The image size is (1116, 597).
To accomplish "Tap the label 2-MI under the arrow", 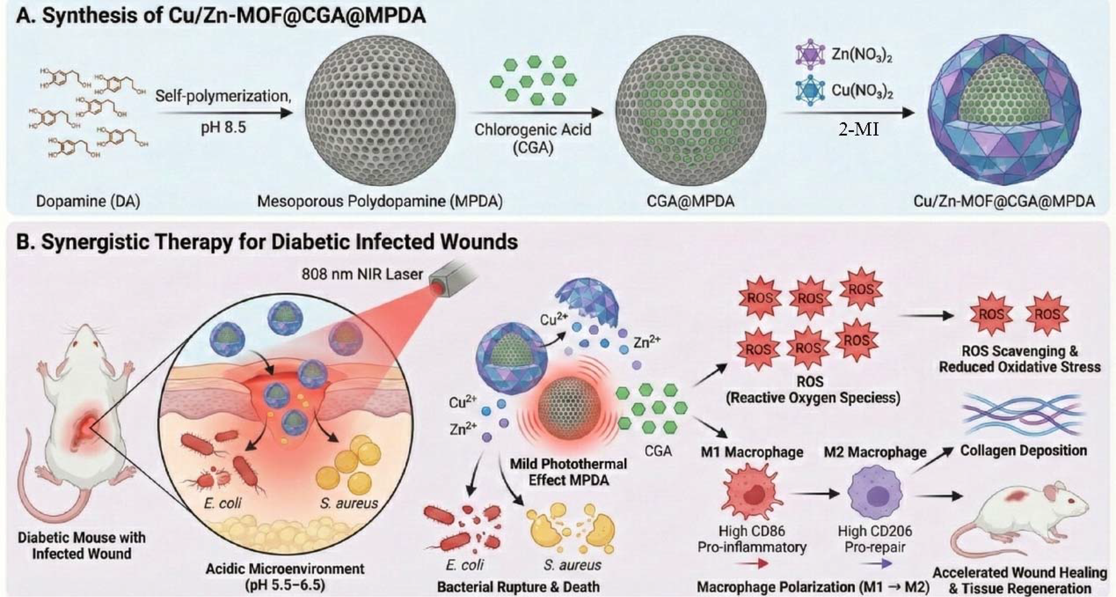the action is pos(858,130).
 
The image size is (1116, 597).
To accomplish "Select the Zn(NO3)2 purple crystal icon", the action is pos(809,55).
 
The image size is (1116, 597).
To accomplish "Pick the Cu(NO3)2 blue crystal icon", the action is pos(809,90).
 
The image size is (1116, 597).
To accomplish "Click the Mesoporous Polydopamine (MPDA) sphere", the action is pos(380,111).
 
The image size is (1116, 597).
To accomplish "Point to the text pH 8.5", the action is pos(223,128).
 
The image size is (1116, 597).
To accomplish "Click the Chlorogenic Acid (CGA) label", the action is pos(532,138).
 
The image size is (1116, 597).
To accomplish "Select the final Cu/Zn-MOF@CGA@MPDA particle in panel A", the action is pos(1004,112).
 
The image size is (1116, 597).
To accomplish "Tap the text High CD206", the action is pos(875,531).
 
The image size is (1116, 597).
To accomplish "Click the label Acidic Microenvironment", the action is pos(285,569).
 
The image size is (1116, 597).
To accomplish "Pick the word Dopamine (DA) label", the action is pos(88,202).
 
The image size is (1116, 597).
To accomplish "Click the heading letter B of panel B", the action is pos(24,242).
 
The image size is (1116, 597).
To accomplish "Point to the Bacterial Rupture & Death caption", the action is pos(518,587).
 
